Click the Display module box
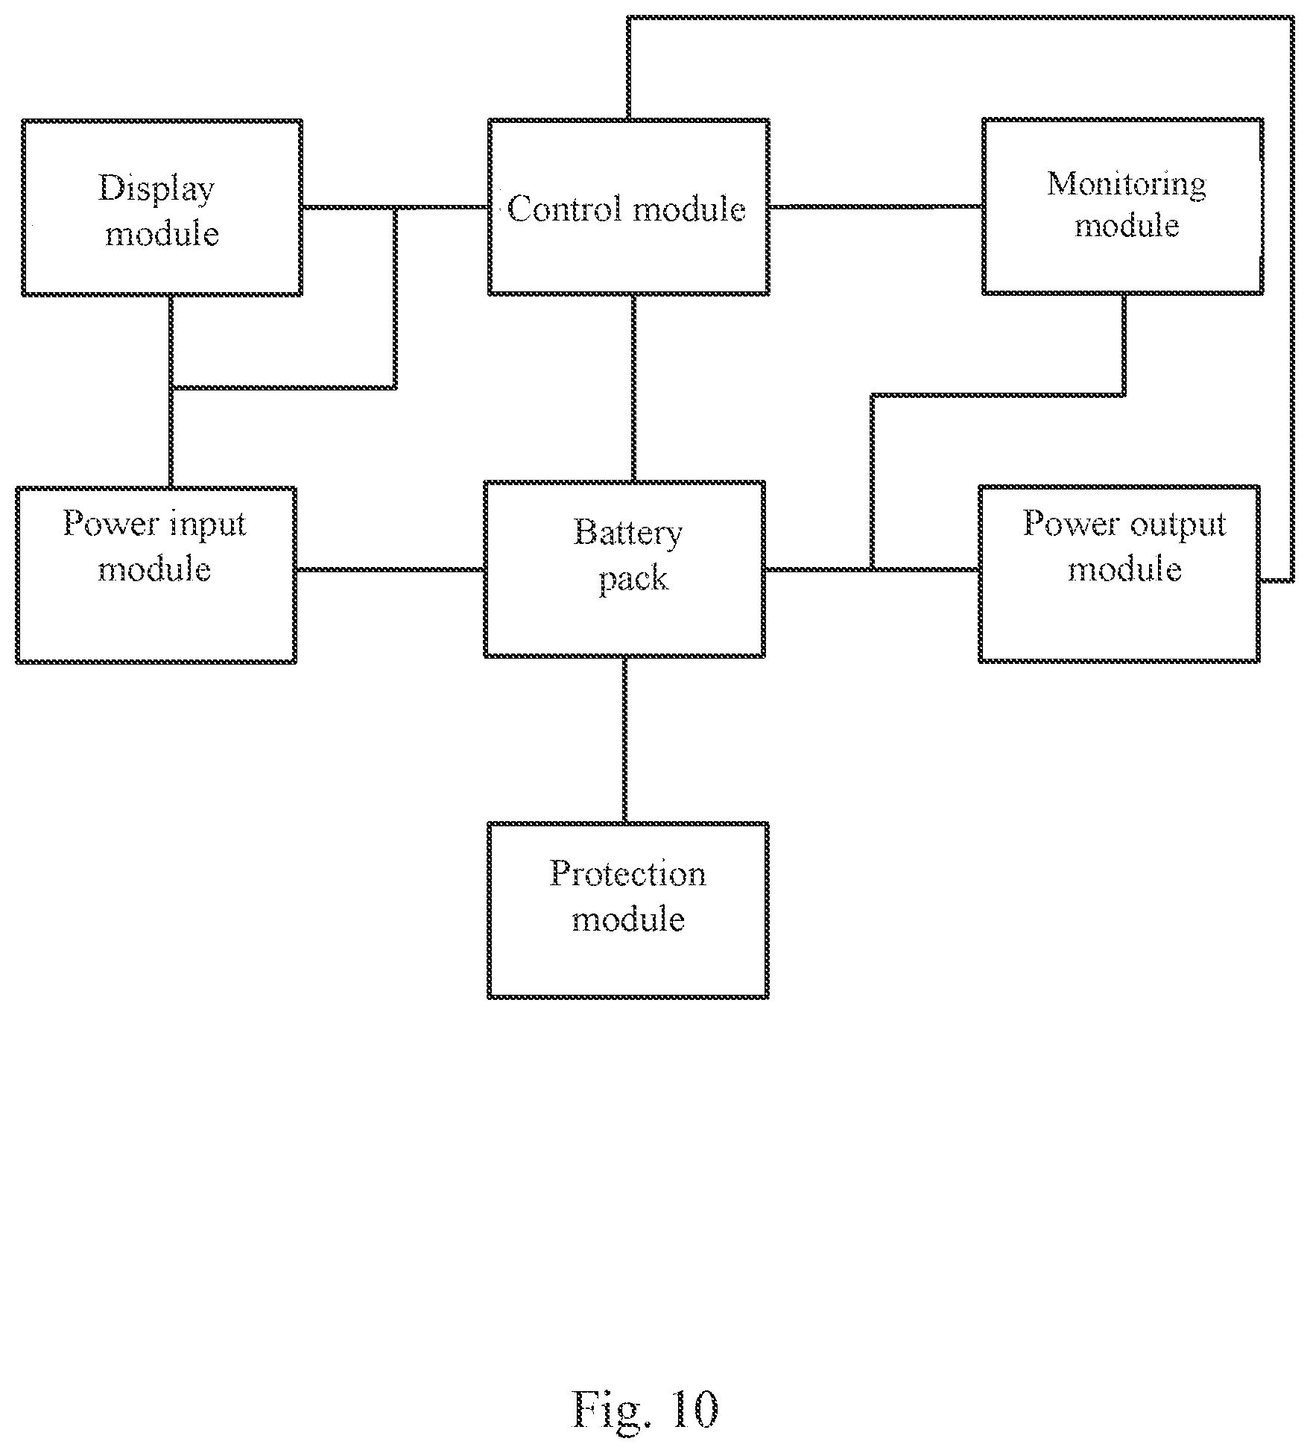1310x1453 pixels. (162, 207)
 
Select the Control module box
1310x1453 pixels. (629, 206)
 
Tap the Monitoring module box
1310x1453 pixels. (1123, 206)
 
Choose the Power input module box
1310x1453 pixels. (156, 574)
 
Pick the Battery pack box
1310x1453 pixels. (624, 569)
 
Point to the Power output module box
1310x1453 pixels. (1119, 573)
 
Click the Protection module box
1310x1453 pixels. (628, 910)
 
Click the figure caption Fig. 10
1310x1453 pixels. (645, 1408)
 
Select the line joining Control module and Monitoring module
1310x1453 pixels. (876, 206)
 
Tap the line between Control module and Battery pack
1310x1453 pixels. (633, 388)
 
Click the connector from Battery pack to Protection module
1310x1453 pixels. (624, 740)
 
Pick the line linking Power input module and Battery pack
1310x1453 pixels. (390, 569)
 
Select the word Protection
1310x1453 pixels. (628, 874)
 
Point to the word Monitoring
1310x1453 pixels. (1127, 185)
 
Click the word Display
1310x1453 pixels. (156, 189)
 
